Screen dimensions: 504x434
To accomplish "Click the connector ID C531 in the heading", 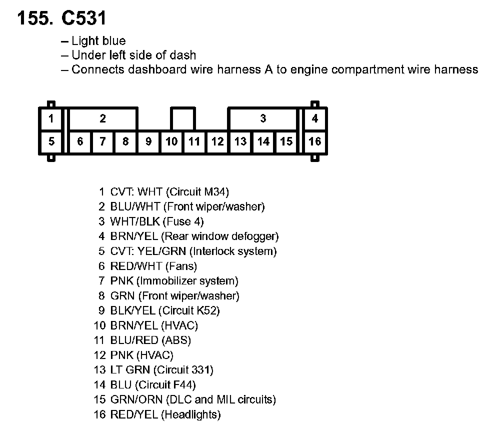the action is click(x=83, y=18).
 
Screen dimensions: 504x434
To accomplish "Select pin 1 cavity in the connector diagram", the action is click(x=51, y=119).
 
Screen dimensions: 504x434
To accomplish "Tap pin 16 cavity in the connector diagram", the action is click(x=314, y=141).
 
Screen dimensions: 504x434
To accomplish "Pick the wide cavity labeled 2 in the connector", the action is click(x=102, y=119).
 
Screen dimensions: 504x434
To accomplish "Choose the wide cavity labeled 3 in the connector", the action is click(x=263, y=119).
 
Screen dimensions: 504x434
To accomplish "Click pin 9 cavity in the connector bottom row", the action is click(x=148, y=141).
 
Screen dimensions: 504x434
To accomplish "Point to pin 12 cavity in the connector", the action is click(x=217, y=141).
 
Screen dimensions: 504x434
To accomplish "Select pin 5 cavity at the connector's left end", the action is click(x=51, y=141).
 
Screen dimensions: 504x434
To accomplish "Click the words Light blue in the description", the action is click(x=98, y=41).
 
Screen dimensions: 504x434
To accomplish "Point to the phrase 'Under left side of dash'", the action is click(x=133, y=55).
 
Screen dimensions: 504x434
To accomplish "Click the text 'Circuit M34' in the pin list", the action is click(x=197, y=191).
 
